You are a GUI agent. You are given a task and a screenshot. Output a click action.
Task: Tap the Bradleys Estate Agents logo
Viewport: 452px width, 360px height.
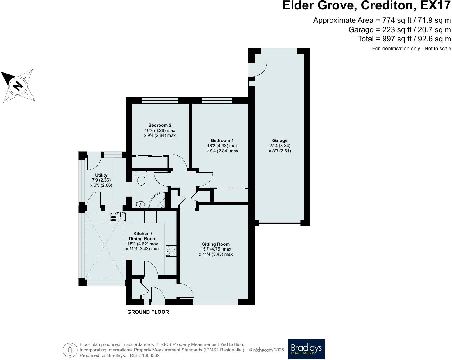306,349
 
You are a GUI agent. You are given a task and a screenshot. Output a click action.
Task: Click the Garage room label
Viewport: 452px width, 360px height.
280,140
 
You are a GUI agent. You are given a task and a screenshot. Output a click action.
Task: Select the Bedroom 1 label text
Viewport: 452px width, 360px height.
222,140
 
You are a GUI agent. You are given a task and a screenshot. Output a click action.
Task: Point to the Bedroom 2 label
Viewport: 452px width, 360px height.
160,125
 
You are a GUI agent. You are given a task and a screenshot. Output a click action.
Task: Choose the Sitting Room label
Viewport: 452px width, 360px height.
216,244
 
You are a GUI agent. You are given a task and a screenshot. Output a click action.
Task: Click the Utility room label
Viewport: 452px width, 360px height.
101,175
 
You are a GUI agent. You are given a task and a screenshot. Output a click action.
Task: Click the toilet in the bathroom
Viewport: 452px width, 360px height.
142,178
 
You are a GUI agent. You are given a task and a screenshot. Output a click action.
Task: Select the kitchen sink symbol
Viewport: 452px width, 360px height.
118,216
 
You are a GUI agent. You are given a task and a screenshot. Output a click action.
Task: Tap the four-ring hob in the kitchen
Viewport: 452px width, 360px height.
171,250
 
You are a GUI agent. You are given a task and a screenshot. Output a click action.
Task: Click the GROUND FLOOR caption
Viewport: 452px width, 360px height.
148,312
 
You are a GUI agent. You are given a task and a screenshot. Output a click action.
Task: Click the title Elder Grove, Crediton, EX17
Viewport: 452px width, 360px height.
366,6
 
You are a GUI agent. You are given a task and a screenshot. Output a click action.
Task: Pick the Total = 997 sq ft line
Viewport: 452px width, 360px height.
404,39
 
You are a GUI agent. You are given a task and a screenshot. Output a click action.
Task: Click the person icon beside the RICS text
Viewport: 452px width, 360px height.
70,350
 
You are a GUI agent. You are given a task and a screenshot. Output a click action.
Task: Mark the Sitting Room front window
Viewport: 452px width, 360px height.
215,302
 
